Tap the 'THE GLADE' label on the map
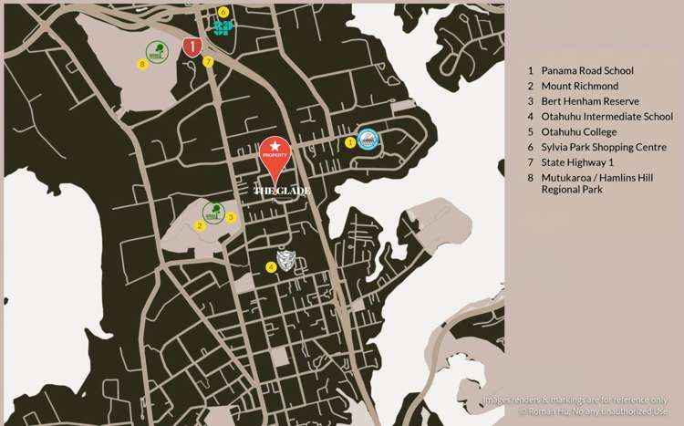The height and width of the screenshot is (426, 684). coord(282,191)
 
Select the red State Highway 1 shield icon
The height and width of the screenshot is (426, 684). coord(192,47)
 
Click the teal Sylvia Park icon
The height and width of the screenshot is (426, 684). coord(223,27)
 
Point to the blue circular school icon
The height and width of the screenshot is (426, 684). coord(368,139)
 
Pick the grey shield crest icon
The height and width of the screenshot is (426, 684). coord(286,261)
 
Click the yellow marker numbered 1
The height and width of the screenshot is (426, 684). coord(350,141)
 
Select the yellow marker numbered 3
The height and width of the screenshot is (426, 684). coord(231,217)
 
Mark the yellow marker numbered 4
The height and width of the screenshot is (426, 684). coord(270,267)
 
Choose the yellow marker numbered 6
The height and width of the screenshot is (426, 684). coord(223,12)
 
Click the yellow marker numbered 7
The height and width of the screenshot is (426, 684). coord(208,62)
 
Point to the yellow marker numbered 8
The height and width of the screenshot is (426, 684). coord(141,64)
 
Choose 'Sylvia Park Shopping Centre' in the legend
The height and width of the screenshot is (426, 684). coord(604,148)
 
